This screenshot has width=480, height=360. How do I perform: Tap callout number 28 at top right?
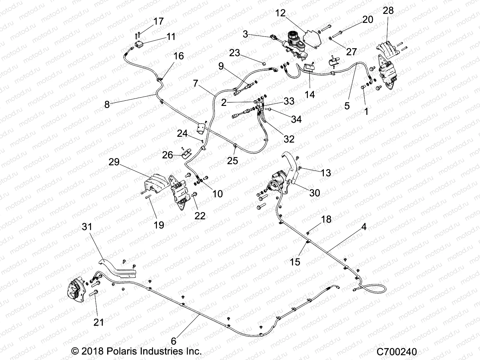[x=388, y=11]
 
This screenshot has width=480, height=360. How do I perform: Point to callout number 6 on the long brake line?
[x=173, y=341]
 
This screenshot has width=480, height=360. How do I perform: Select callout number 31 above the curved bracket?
[x=87, y=227]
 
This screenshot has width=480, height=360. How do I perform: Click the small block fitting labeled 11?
[x=140, y=44]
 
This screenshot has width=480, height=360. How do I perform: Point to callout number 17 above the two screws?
[x=158, y=21]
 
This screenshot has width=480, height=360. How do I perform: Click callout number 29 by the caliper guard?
[x=114, y=162]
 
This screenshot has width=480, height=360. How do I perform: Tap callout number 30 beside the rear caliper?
[x=314, y=193]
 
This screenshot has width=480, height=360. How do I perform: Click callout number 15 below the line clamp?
[x=295, y=262]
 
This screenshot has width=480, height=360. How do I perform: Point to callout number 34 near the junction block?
[x=296, y=119]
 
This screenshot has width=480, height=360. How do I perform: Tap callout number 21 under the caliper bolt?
[x=99, y=322]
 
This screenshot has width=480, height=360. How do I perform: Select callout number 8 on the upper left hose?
[x=107, y=105]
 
